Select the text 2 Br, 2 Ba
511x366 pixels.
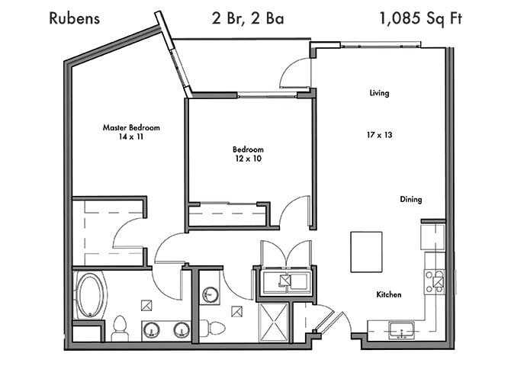click(x=248, y=18)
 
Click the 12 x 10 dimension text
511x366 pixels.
click(x=249, y=159)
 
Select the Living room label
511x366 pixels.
click(x=379, y=93)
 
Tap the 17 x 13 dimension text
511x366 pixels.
click(x=379, y=133)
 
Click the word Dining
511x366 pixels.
click(x=411, y=200)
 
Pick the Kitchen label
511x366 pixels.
click(x=388, y=294)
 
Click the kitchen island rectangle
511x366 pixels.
click(x=367, y=251)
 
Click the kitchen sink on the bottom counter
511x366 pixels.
click(x=397, y=331)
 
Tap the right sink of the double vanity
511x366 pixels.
click(x=181, y=329)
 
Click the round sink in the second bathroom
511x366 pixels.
click(x=209, y=294)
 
